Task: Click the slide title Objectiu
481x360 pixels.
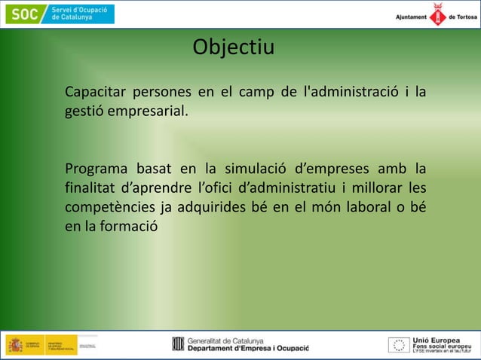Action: [234, 47]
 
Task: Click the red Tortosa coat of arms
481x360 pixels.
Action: [437, 15]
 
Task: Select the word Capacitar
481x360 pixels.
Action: [95, 93]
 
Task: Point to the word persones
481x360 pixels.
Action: [162, 93]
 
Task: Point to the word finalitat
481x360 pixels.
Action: [90, 187]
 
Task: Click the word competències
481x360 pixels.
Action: [109, 206]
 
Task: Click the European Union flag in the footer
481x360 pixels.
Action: [398, 345]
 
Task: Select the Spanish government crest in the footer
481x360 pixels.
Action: [15, 345]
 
